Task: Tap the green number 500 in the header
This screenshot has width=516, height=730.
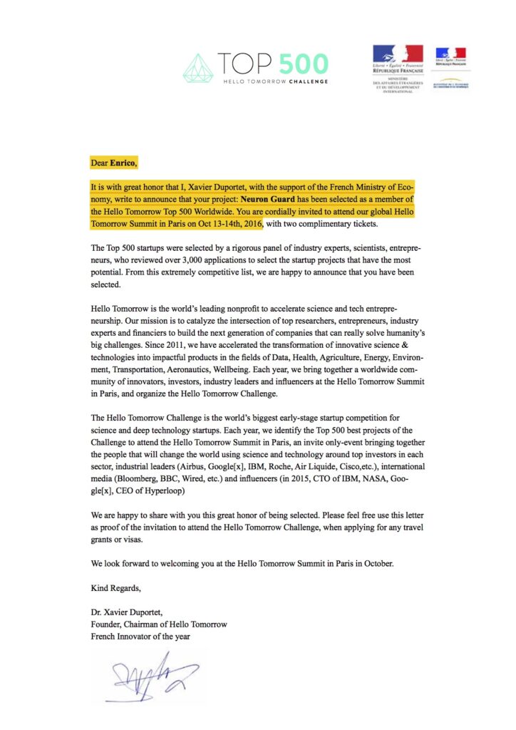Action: (x=303, y=64)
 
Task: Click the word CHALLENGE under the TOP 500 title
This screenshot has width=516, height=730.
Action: (x=308, y=82)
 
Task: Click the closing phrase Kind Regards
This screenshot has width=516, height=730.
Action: (x=116, y=588)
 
